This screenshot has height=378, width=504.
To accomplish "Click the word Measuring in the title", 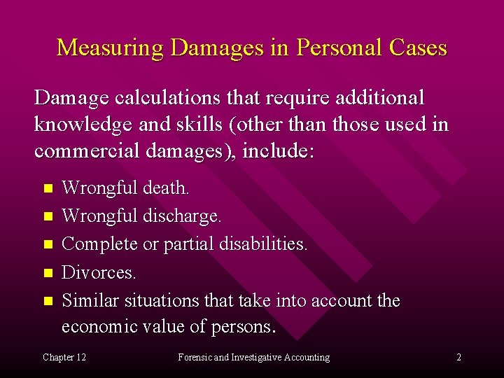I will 110,48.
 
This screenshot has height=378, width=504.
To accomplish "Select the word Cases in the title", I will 417,48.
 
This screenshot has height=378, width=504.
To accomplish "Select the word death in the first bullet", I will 165,188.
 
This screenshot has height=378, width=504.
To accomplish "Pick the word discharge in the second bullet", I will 181,216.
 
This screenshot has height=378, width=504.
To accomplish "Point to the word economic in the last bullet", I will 106,327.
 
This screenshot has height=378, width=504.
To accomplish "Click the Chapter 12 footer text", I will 64,357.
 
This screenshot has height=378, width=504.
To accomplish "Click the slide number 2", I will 458,357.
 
